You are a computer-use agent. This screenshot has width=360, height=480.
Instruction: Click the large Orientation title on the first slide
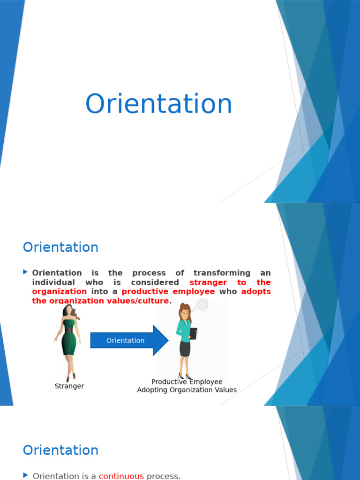(158, 104)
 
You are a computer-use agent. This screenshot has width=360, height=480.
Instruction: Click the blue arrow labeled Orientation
(129, 340)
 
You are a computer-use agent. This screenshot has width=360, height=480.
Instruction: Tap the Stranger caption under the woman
(69, 386)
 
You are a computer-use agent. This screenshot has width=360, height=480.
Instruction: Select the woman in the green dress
(68, 343)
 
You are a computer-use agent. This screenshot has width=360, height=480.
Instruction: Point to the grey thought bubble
(202, 305)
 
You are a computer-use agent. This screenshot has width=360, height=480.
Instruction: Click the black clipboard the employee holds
(193, 333)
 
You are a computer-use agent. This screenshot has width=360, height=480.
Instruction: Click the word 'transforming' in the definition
(222, 273)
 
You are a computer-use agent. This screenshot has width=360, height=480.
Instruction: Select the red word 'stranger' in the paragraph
(208, 282)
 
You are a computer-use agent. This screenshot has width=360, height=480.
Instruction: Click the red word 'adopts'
(256, 292)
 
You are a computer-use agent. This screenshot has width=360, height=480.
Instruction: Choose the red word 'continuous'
(121, 476)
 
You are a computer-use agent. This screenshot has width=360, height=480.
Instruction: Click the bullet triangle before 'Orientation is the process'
(25, 272)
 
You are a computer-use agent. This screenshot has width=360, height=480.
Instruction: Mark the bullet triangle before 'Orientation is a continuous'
(25, 475)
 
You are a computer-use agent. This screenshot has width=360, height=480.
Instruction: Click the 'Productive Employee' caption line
(187, 382)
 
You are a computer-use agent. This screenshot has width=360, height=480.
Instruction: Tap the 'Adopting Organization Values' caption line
(187, 390)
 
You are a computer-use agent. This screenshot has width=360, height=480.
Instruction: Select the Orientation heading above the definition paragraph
(60, 247)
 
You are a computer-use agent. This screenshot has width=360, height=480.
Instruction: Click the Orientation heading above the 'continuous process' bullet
(60, 450)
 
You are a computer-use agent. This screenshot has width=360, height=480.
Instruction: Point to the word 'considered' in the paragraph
(155, 282)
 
